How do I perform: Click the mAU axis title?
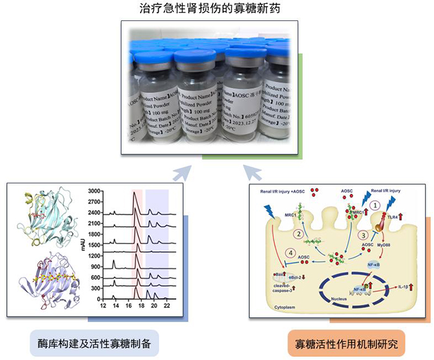82,245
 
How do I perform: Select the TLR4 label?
393,217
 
